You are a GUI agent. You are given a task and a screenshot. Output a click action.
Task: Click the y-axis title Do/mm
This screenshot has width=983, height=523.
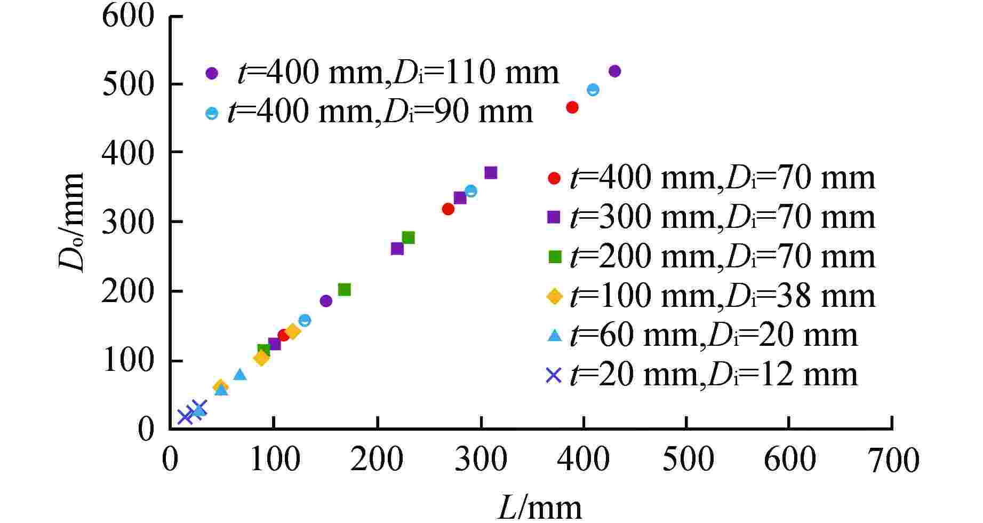coord(72,222)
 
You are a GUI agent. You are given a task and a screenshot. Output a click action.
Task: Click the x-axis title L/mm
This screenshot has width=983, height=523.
coord(539,507)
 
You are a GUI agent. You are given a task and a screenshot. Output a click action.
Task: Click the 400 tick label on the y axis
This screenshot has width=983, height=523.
coord(128,153)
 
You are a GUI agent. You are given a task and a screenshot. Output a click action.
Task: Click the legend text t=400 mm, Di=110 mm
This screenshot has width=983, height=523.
coord(398,73)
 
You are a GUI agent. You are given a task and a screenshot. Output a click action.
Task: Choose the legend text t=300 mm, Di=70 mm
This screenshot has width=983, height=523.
coord(723,217)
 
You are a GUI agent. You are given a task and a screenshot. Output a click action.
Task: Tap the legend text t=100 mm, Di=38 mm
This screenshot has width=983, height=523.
coord(723,296)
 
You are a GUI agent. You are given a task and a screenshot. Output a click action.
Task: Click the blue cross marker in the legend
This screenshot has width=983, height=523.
coord(554,376)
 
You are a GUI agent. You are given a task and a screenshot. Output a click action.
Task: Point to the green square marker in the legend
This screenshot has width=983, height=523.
coord(555,257)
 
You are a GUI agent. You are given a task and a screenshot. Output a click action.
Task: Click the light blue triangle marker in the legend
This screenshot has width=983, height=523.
coord(555,336)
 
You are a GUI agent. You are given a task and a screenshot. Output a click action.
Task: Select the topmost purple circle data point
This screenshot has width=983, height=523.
coord(614,71)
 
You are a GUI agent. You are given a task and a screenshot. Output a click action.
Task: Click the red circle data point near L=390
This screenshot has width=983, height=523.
coord(572,107)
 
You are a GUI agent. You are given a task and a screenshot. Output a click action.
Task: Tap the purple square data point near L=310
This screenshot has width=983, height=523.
coord(491,173)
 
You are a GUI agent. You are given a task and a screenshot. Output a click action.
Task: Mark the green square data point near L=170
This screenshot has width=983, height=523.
coord(345,290)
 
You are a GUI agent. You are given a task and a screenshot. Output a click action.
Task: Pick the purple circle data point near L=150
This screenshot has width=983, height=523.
coord(326,301)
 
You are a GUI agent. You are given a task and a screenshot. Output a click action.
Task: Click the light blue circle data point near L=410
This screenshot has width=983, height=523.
coord(593,90)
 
